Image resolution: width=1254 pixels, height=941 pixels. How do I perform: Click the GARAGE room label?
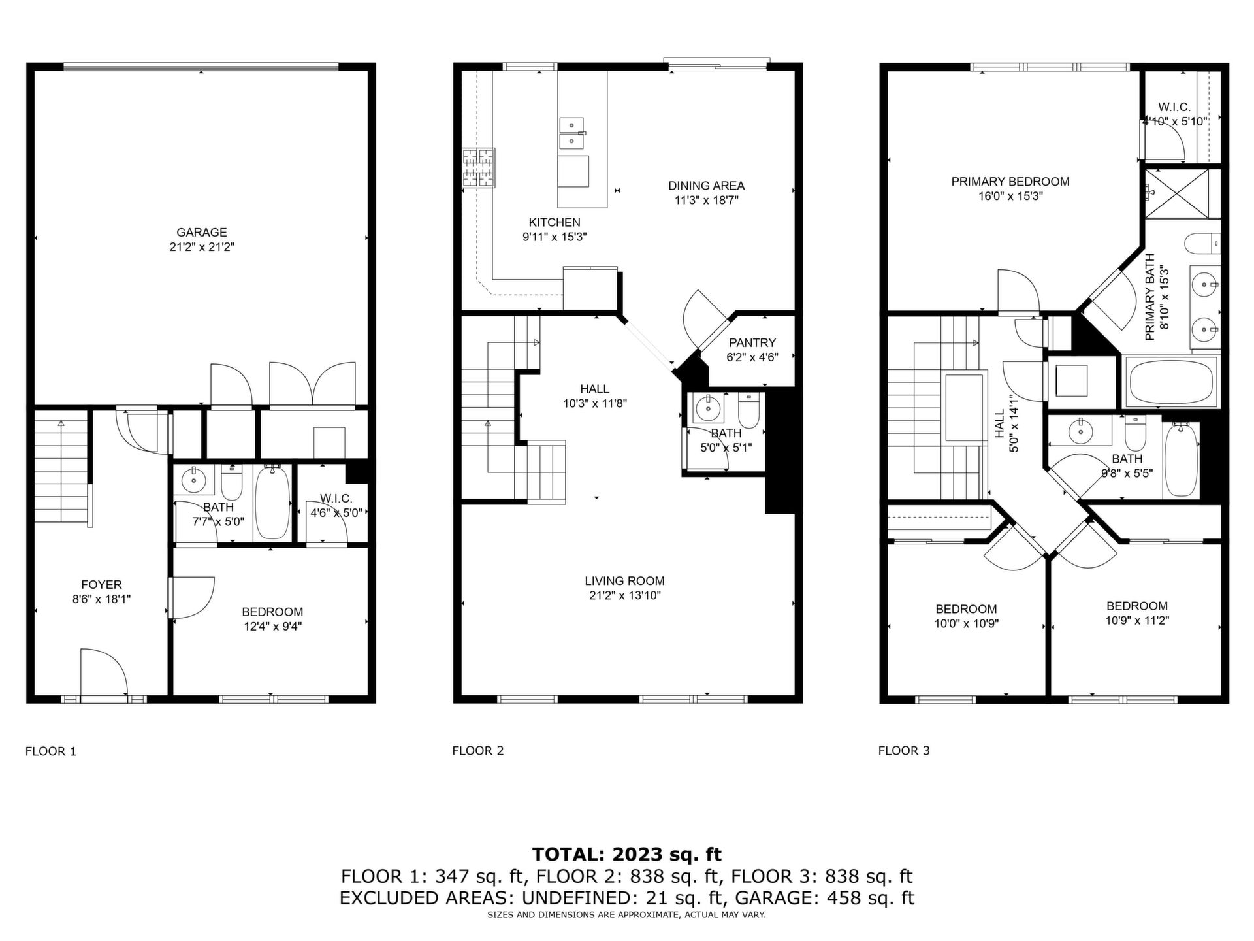[x=202, y=232]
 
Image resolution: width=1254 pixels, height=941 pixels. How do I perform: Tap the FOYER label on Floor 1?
[x=101, y=584]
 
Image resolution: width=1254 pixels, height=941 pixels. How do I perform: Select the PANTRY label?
[x=752, y=342]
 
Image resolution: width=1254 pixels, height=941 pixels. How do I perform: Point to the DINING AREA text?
[x=706, y=186]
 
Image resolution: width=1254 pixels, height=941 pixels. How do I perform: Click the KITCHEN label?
[x=555, y=222]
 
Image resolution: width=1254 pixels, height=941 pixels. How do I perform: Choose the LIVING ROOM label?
[x=624, y=580]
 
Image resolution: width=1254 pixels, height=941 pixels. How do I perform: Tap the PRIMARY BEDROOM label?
[x=1010, y=182]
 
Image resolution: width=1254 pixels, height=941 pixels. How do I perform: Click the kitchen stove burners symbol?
[x=479, y=169]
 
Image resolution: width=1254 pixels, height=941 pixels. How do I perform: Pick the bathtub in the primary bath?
[x=1170, y=382]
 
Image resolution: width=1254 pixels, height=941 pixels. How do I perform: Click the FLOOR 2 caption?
[x=478, y=751]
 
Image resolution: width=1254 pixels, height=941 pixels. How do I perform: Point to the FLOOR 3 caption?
[x=904, y=751]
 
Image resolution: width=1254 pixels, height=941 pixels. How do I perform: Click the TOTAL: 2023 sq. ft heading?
[x=627, y=854]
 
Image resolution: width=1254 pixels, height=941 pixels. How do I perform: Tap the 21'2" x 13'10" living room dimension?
[x=624, y=595]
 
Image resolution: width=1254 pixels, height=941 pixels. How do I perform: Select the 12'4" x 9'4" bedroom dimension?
[x=272, y=626]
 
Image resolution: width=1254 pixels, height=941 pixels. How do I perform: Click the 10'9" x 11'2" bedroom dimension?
[x=1137, y=620]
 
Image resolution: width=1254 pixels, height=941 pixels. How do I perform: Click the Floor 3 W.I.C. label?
[x=1174, y=107]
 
